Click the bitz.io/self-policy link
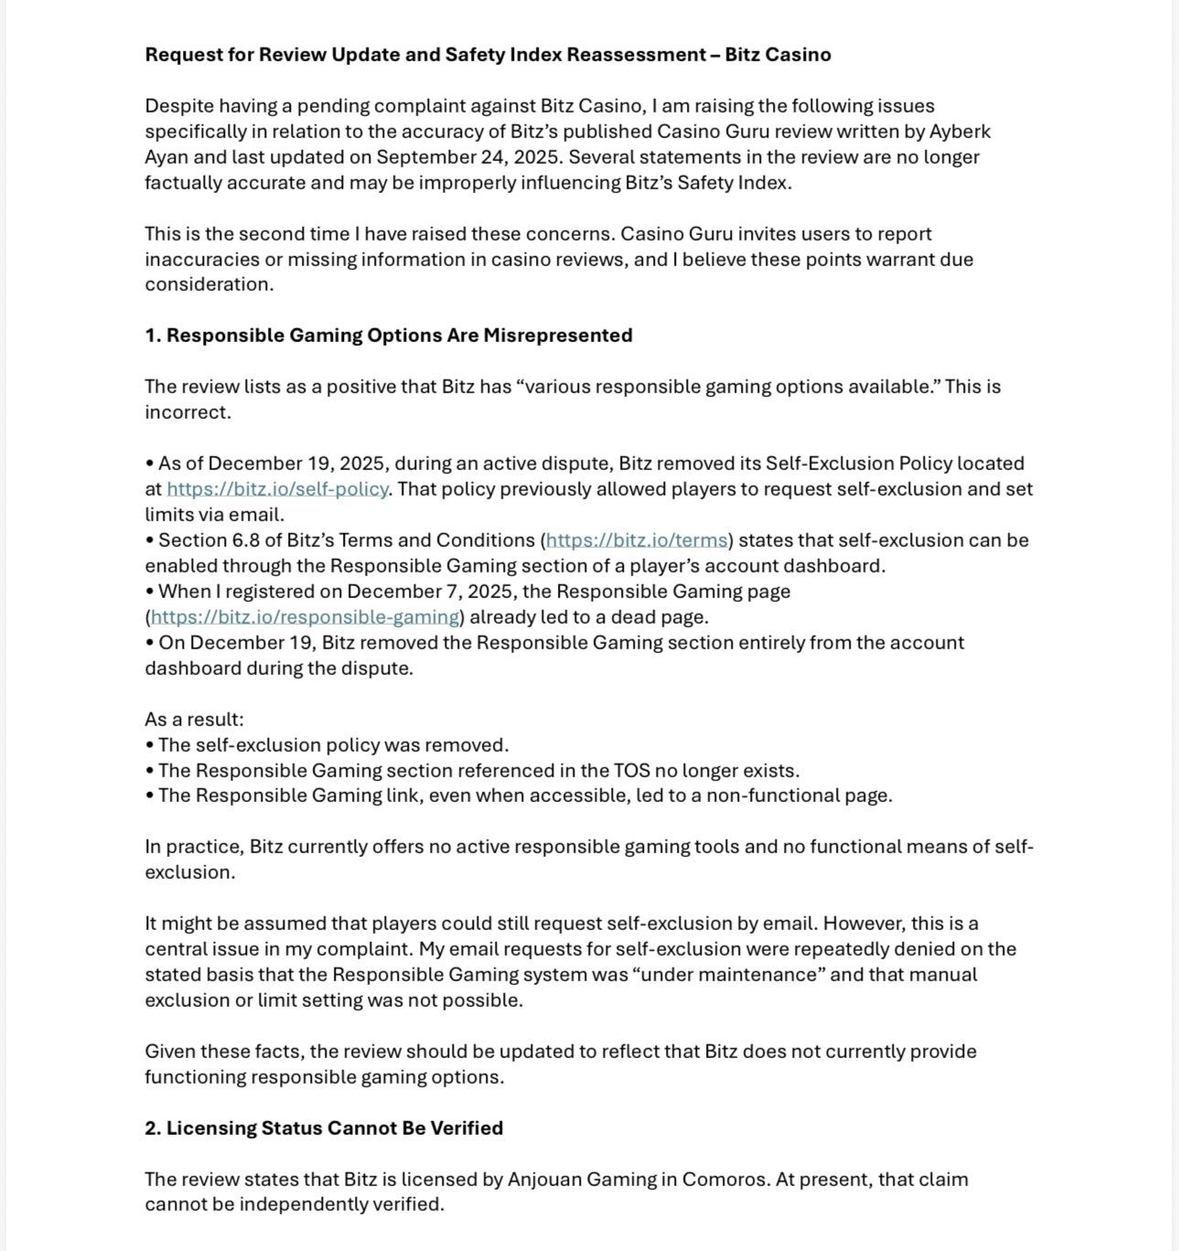277,489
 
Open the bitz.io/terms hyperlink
637,540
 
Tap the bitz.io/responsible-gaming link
305,617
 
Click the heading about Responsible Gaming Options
388,336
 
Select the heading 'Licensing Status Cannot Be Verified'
324,1128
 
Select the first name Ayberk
960,132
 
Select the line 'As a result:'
194,720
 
